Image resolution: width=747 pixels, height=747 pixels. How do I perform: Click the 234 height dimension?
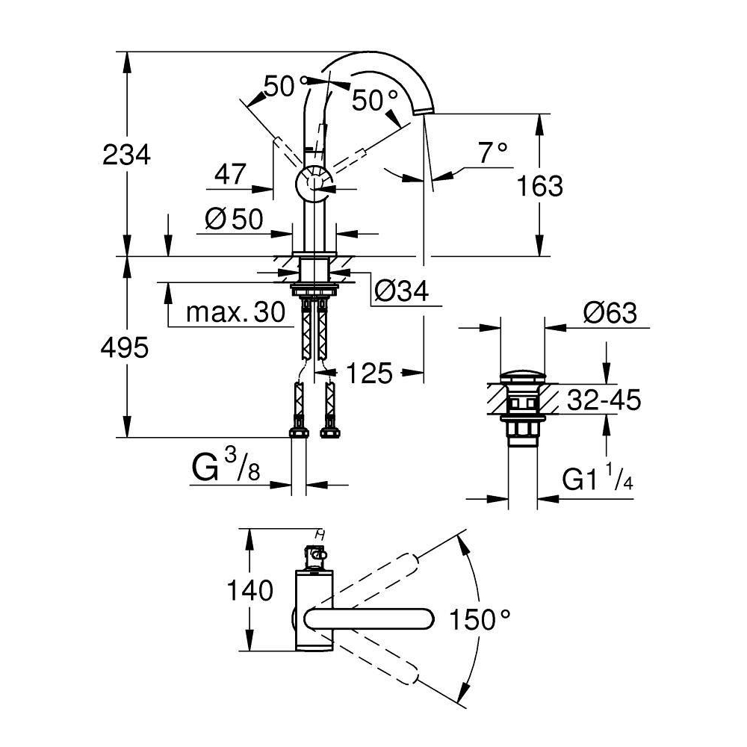126,155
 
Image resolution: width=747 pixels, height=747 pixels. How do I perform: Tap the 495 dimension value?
124,348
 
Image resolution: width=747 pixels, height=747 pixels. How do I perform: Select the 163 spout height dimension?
540,186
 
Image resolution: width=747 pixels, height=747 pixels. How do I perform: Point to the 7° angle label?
493,152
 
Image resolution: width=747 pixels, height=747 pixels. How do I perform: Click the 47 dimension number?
230,174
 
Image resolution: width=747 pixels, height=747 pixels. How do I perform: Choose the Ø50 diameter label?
234,220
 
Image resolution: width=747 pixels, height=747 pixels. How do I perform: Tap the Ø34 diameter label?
401,291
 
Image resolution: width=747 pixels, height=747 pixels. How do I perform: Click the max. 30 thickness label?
236,312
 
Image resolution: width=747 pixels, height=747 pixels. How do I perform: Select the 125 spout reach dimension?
369,373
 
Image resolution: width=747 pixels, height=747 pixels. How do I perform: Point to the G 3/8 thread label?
226,465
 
